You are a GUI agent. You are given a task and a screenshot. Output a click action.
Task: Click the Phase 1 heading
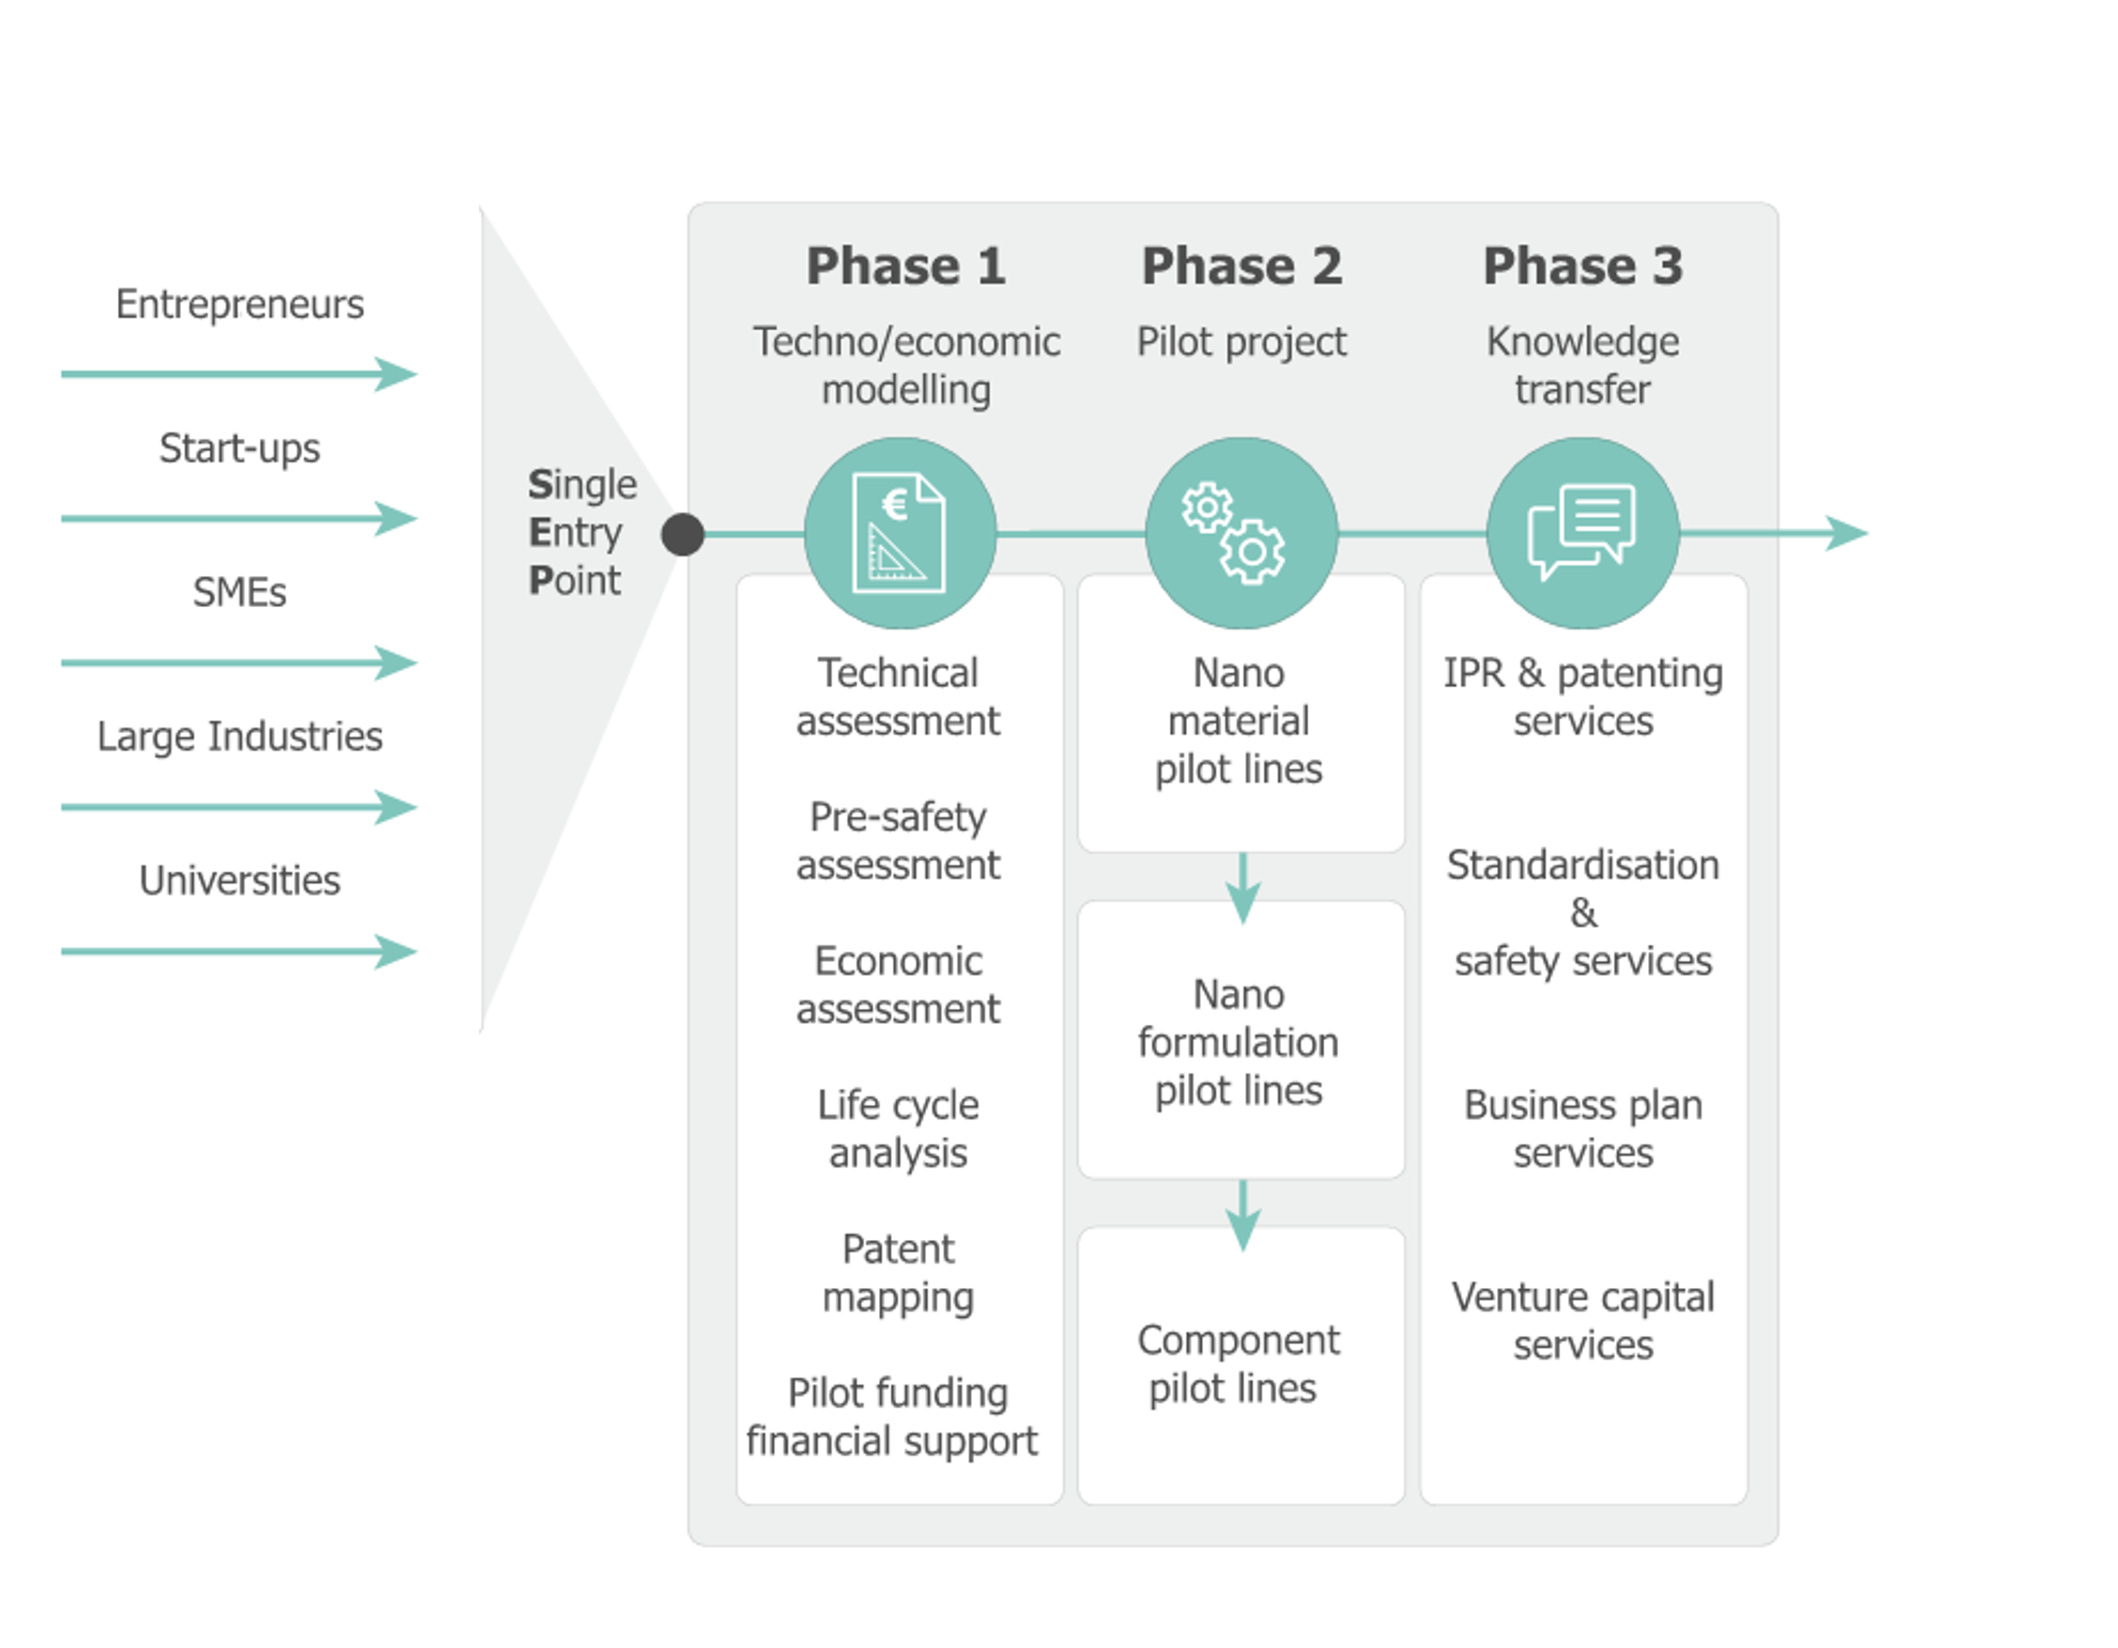pos(906,266)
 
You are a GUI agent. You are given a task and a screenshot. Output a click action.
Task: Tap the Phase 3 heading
pos(1583,266)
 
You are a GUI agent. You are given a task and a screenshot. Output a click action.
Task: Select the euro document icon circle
pos(900,533)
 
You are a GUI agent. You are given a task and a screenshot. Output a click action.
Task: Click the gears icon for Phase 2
pos(1241,533)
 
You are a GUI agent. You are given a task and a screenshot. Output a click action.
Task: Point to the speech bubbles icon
pos(1583,533)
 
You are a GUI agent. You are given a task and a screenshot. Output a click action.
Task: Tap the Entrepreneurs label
pos(240,304)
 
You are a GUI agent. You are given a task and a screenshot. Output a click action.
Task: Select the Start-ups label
pos(240,448)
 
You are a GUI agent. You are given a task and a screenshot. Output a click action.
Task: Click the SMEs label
pos(240,593)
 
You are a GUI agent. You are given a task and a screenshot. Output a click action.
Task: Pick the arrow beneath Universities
pos(240,952)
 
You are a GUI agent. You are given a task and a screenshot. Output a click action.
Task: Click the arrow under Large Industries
pos(240,807)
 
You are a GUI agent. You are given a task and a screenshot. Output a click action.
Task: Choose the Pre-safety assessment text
pos(898,841)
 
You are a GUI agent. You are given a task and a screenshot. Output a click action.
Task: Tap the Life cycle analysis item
pos(898,1129)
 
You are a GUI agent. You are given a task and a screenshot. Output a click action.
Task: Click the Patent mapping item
pos(898,1272)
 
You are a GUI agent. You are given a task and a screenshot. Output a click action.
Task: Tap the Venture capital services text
pos(1583,1320)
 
